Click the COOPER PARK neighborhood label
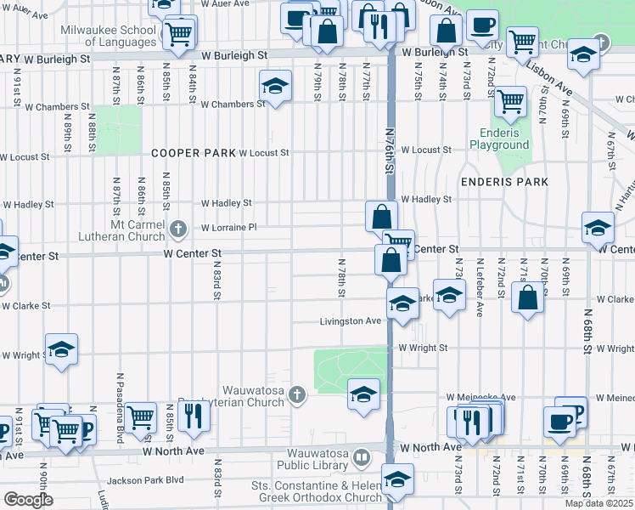point(192,153)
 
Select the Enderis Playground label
point(499,139)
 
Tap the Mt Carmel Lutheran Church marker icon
point(178,228)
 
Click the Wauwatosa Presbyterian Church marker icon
point(296,394)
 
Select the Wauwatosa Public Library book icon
point(362,459)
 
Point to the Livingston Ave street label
point(350,321)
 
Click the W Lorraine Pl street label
point(228,228)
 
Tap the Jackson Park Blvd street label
point(150,479)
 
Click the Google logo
point(28,500)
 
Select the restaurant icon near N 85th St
point(195,416)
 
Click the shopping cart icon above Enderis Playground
point(510,102)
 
